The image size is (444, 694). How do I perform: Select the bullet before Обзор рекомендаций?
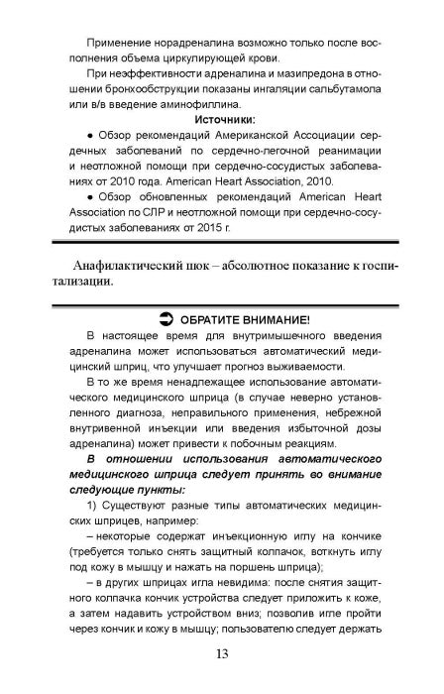click(x=90, y=163)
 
